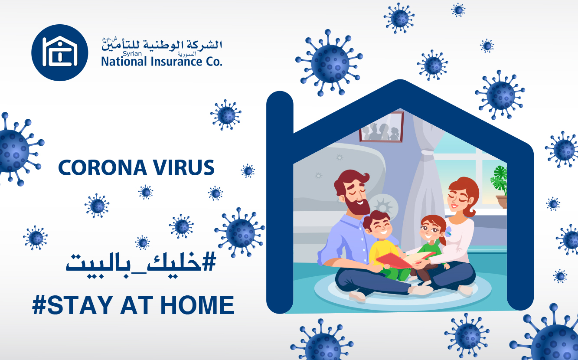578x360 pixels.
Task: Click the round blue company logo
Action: pyautogui.click(x=59, y=52)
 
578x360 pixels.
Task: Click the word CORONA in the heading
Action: pyautogui.click(x=102, y=168)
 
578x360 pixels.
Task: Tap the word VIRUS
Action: pyautogui.click(x=184, y=168)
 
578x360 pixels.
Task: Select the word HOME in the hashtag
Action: pyautogui.click(x=197, y=305)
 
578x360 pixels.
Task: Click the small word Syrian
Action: pyautogui.click(x=132, y=54)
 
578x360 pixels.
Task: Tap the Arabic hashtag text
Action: pyautogui.click(x=141, y=265)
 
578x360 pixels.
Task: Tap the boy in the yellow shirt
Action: pyautogui.click(x=382, y=245)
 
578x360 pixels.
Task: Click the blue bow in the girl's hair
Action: pyautogui.click(x=448, y=231)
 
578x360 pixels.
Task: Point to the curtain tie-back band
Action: pyautogui.click(x=427, y=152)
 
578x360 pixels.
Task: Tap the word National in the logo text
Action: pyautogui.click(x=124, y=62)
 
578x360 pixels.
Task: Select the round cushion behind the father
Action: pyautogui.click(x=384, y=206)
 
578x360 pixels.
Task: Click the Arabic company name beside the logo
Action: pyautogui.click(x=162, y=44)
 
